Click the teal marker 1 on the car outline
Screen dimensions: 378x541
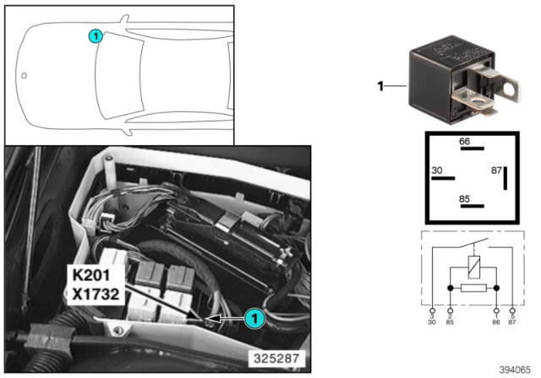pyautogui.click(x=96, y=35)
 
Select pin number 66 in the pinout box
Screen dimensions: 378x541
pyautogui.click(x=465, y=141)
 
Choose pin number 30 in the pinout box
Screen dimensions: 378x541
pyautogui.click(x=437, y=170)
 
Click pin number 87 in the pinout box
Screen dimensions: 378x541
pyautogui.click(x=496, y=170)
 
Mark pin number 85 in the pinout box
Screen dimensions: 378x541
pyautogui.click(x=465, y=200)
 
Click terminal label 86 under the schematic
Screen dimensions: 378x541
pyautogui.click(x=496, y=322)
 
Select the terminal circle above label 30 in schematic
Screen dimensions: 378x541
pyautogui.click(x=433, y=310)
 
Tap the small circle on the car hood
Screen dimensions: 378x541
pyautogui.click(x=24, y=75)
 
